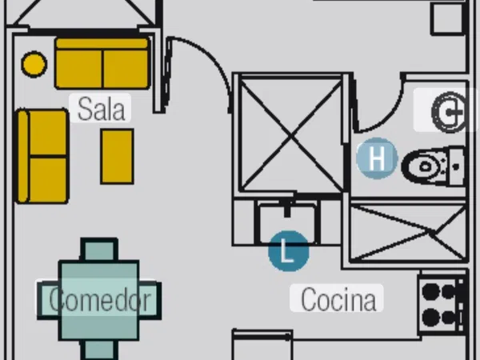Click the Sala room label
(x=102, y=108)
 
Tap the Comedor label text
(x=100, y=300)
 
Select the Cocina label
(x=338, y=299)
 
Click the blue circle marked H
(x=377, y=158)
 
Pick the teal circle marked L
(x=289, y=250)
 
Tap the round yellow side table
(x=34, y=63)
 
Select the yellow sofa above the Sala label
(x=102, y=63)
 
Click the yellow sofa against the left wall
(x=42, y=156)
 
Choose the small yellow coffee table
(x=117, y=156)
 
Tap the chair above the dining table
(x=100, y=250)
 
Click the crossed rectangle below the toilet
(x=408, y=232)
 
